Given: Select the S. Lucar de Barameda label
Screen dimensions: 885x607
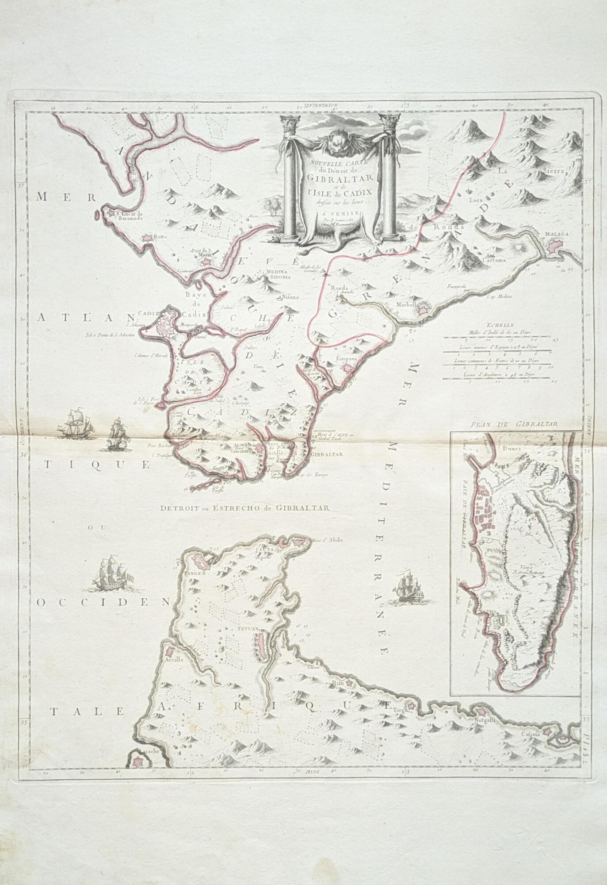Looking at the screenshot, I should [132, 215].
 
